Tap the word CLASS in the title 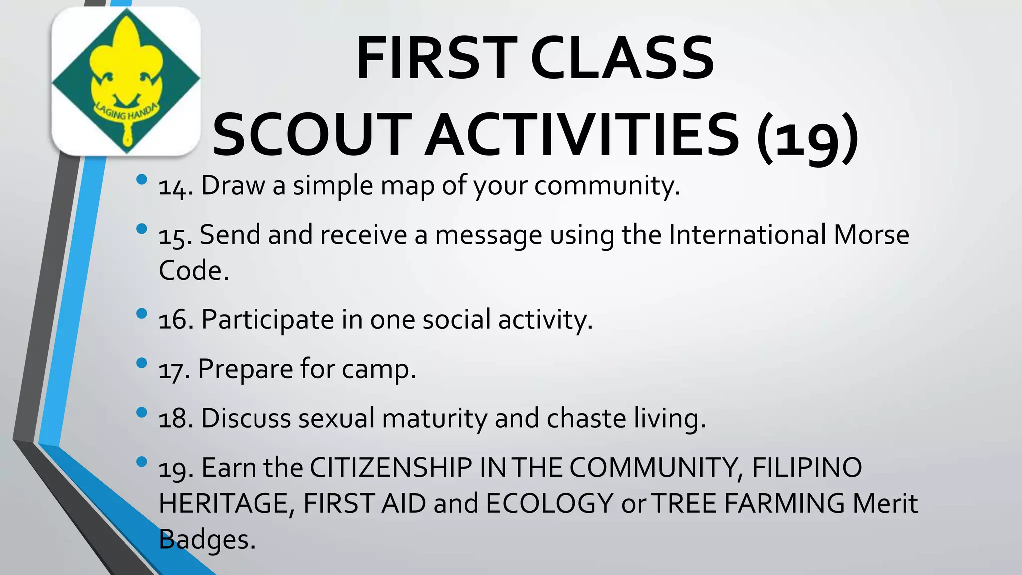coord(622,59)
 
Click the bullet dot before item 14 coord(142,179)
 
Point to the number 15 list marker coord(175,236)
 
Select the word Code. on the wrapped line coord(194,271)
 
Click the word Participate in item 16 coord(267,320)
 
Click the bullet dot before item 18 coord(142,412)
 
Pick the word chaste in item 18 coord(586,418)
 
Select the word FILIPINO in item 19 coord(806,468)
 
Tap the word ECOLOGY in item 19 coord(549,503)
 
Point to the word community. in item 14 coord(607,186)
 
